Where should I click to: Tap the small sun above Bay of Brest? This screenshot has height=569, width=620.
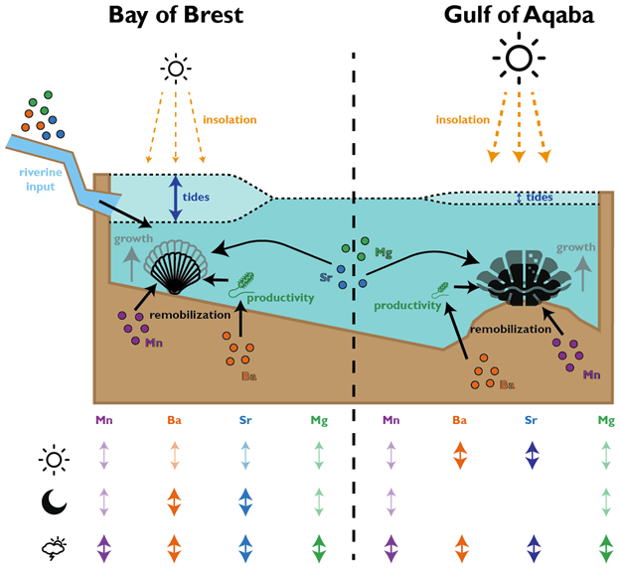176,68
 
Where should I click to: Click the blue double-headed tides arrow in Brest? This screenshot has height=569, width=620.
176,199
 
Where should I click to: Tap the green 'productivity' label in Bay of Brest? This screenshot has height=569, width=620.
281,297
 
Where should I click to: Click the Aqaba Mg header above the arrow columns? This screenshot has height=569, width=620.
606,422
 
